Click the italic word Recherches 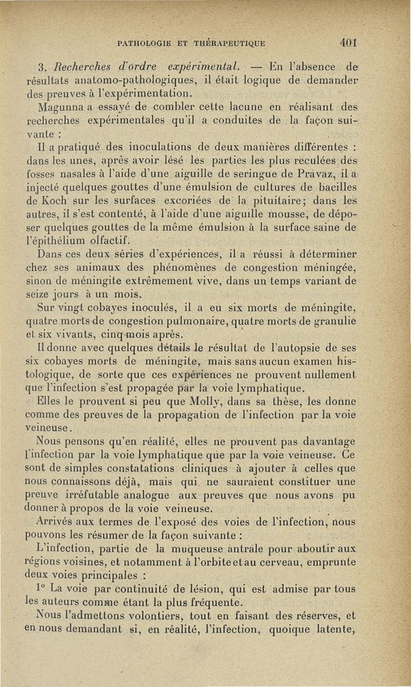76,67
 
